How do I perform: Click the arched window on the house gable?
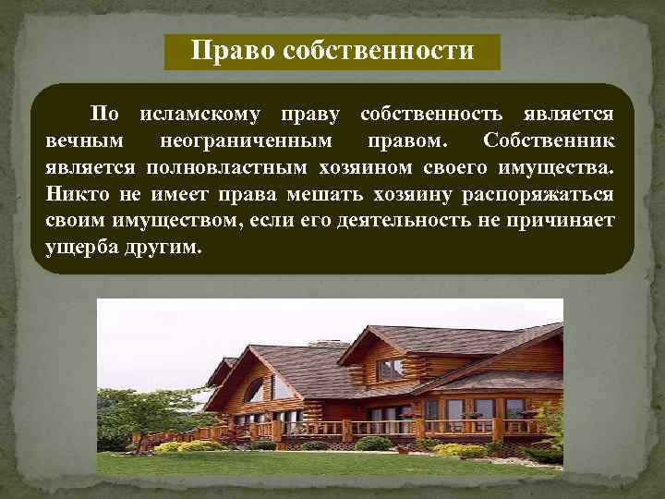[254, 389]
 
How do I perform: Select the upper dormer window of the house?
[390, 368]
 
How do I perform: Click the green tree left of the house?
[139, 411]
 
